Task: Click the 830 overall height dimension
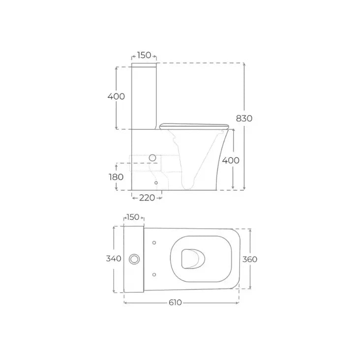244,119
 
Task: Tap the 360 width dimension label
249,259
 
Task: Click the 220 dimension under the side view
147,198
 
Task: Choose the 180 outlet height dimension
116,177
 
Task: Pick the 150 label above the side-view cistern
144,55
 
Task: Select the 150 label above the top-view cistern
133,217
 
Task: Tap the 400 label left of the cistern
116,96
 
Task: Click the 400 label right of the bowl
230,160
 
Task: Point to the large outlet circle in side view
152,157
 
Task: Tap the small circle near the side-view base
156,182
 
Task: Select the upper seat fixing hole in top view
154,243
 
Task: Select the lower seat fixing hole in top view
154,274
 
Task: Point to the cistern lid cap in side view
144,64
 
